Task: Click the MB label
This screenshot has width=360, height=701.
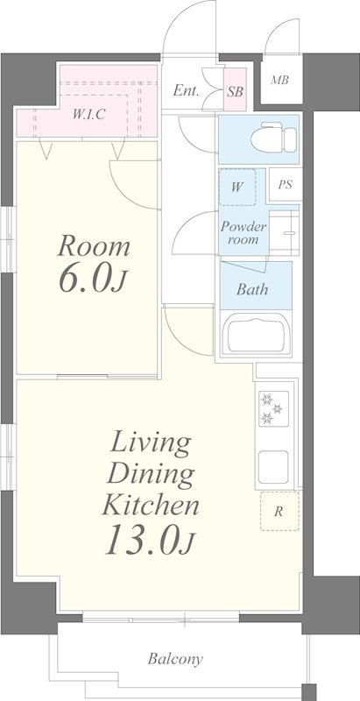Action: tap(279, 81)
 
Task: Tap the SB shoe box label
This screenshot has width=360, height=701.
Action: tap(235, 92)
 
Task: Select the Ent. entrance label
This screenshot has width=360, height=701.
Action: tap(186, 91)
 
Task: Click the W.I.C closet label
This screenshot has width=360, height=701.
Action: tap(88, 115)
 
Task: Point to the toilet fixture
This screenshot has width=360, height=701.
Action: tap(273, 138)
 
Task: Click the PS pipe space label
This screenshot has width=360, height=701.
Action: tap(285, 185)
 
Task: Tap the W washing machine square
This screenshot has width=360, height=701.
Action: tap(237, 187)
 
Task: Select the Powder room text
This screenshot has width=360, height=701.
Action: tap(244, 232)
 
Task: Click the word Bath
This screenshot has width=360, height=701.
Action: tap(252, 289)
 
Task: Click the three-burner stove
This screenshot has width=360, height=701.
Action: tap(273, 408)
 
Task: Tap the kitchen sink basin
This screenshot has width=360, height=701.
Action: tap(273, 467)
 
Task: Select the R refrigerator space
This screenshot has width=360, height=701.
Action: tap(279, 511)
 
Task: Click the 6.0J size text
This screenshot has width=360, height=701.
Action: tap(92, 280)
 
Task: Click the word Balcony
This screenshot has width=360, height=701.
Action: tap(175, 659)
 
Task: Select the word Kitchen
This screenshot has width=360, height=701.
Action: tap(151, 506)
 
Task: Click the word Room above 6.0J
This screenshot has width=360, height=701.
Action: tap(94, 247)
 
